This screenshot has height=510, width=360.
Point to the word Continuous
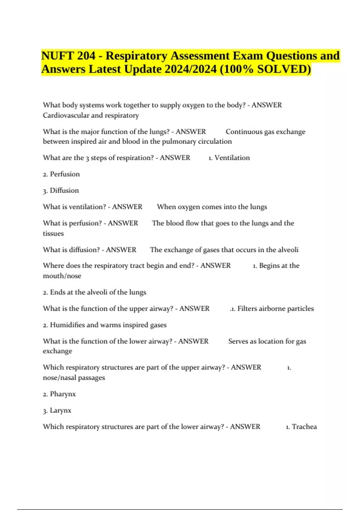click(243, 132)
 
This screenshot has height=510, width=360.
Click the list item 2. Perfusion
click(61, 174)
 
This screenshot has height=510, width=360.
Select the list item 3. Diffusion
click(61, 190)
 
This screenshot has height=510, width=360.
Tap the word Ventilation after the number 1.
click(232, 158)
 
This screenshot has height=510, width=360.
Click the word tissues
click(53, 233)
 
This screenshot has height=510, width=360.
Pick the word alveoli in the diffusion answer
click(288, 250)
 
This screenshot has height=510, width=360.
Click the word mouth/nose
click(62, 276)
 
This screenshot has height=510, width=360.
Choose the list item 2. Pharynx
click(59, 394)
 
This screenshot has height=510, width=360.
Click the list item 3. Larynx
click(57, 410)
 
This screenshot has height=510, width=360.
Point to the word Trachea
click(304, 427)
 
